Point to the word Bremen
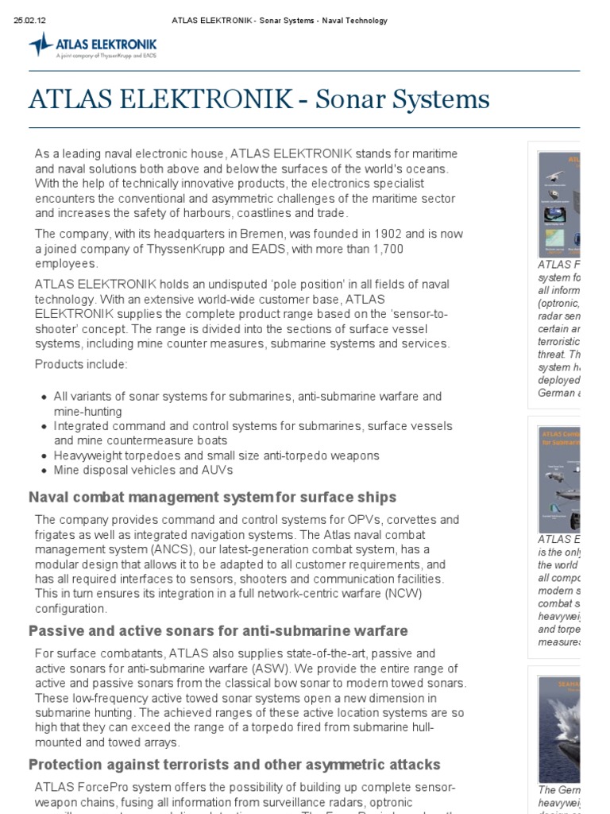(x=269, y=234)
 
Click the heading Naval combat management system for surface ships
(x=212, y=498)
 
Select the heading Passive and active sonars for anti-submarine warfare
(x=218, y=631)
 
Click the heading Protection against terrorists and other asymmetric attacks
(x=234, y=765)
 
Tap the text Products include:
(x=81, y=364)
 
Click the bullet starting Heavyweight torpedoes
(x=216, y=455)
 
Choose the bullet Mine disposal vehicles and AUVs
(x=143, y=470)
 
